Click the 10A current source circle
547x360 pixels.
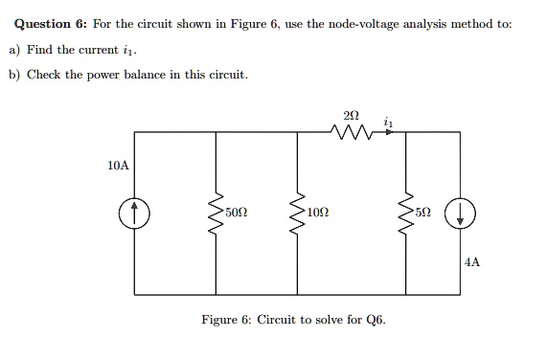point(135,214)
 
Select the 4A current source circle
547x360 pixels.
point(462,214)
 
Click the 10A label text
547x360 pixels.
point(118,166)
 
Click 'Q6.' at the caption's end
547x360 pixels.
point(376,320)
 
